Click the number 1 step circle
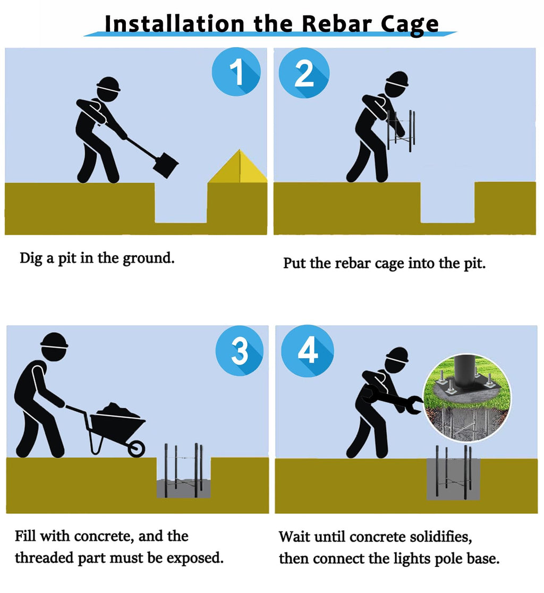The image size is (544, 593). tap(236, 72)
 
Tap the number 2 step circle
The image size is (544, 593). tap(304, 73)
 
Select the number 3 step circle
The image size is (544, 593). tap(240, 351)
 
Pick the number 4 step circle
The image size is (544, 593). tap(308, 351)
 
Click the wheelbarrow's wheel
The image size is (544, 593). tap(136, 449)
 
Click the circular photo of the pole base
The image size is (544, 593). tap(467, 397)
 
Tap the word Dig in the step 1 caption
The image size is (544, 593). tap(31, 259)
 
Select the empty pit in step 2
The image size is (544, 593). tap(448, 202)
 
